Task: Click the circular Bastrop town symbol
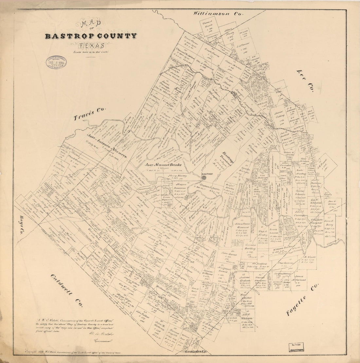[x=204, y=178]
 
